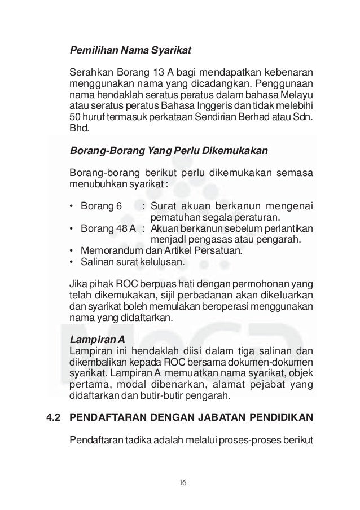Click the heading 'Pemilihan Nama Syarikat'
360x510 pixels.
click(130, 50)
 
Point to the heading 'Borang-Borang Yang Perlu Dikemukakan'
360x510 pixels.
click(168, 151)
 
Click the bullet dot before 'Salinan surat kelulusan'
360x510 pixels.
click(71, 262)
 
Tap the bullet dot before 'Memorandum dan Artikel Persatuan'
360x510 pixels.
click(71, 251)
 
